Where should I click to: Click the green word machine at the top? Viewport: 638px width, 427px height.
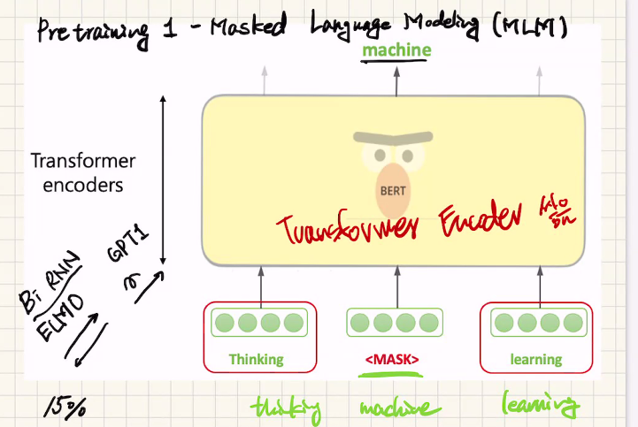tap(396, 50)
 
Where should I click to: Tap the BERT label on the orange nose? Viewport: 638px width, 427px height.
tap(393, 189)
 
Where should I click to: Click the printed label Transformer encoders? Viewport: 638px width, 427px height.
tap(83, 173)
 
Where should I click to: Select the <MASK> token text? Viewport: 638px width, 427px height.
tap(392, 360)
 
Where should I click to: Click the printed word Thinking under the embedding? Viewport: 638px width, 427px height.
tap(256, 360)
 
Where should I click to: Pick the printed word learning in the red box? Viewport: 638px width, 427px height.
tap(535, 360)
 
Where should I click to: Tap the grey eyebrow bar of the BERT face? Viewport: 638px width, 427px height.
tap(393, 138)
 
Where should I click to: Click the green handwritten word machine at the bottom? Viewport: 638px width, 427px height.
tap(399, 408)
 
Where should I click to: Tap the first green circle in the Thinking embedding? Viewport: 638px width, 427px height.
tap(225, 322)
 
